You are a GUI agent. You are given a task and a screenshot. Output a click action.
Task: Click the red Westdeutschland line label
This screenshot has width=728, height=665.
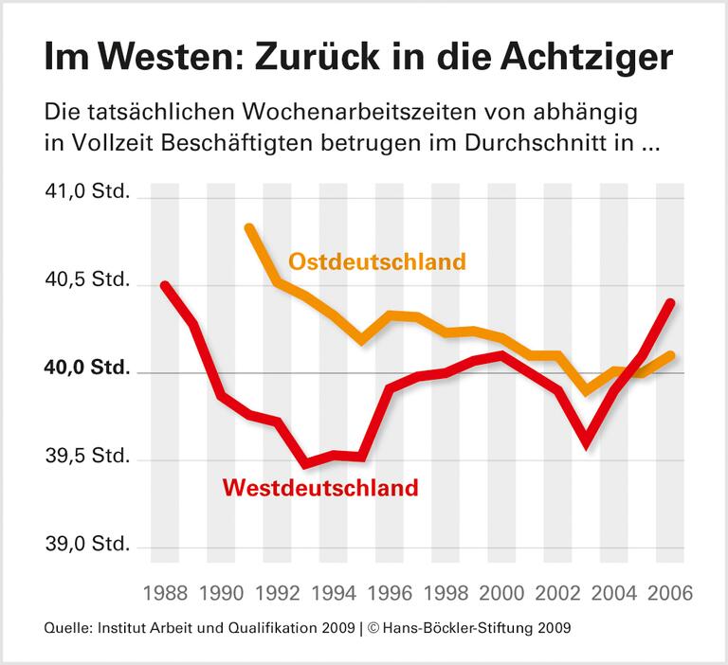(x=319, y=489)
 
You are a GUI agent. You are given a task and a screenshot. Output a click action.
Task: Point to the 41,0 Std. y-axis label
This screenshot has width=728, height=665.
(x=85, y=197)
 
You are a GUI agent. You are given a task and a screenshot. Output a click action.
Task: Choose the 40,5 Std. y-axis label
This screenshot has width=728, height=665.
(x=85, y=284)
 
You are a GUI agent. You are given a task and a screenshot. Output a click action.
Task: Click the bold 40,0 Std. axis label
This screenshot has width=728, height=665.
(x=85, y=371)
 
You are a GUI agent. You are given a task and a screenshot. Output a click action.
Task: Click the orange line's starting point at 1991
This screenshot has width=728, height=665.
(x=249, y=227)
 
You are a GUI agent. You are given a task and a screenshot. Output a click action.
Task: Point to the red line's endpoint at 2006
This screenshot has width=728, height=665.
(x=671, y=302)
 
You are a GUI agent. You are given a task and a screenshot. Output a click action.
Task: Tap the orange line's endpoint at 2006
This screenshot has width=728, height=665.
(x=671, y=355)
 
